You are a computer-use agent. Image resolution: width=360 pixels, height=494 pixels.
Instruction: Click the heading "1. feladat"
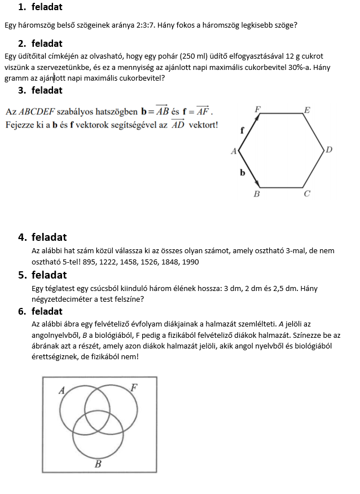click(x=40, y=7)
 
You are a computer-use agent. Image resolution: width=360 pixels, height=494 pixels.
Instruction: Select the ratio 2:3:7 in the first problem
click(x=148, y=25)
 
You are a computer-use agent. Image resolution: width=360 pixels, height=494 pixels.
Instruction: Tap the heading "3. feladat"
click(x=40, y=90)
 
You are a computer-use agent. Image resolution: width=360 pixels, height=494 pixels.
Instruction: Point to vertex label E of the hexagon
click(x=307, y=110)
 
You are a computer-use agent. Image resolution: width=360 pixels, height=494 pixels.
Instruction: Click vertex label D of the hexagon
click(x=329, y=150)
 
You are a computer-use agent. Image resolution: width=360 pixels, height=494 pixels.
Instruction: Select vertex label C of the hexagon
click(x=307, y=194)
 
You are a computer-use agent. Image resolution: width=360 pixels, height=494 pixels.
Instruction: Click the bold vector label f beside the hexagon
click(x=242, y=130)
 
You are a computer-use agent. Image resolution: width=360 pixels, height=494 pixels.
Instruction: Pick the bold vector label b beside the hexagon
click(x=242, y=172)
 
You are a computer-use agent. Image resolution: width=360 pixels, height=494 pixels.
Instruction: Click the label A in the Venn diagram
click(x=62, y=390)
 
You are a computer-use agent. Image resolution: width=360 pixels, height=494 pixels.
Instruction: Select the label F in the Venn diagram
click(x=134, y=387)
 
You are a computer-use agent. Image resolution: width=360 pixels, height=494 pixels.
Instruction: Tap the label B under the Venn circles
click(x=98, y=465)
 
